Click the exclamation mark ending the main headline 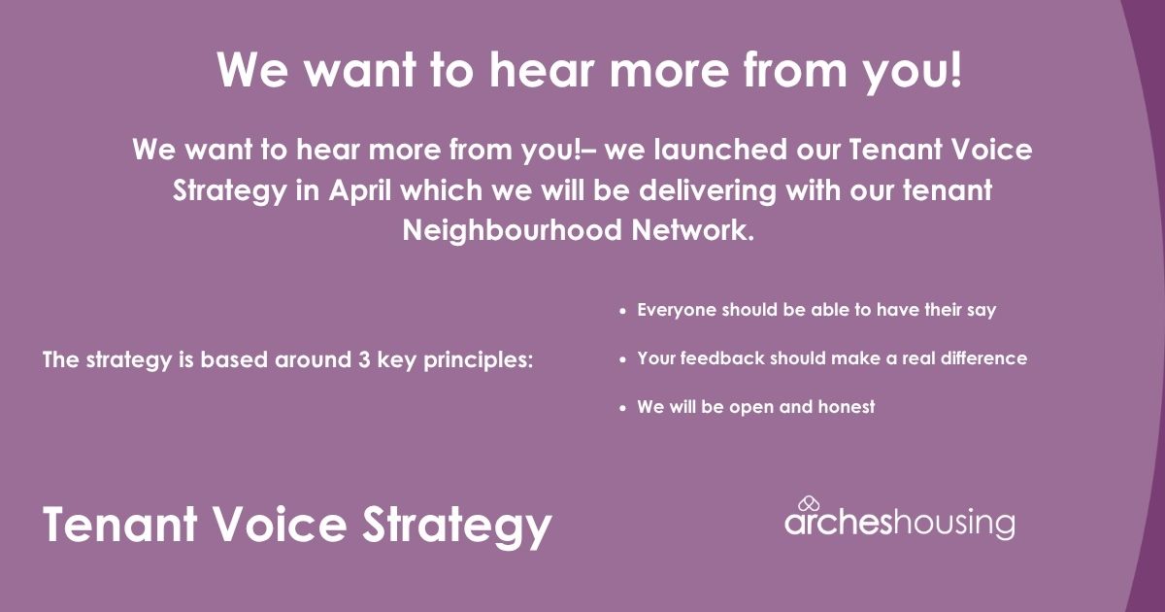(x=955, y=69)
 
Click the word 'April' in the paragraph (x=359, y=190)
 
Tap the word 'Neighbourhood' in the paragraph (x=513, y=230)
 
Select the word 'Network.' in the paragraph (x=693, y=230)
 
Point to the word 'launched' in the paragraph (x=720, y=150)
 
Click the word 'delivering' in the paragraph (x=708, y=190)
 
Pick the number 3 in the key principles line (x=364, y=359)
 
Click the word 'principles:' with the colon (x=478, y=360)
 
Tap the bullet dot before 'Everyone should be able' (x=622, y=312)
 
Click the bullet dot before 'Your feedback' (x=622, y=360)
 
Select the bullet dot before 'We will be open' (x=622, y=409)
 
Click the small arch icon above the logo (x=809, y=504)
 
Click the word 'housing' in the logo (x=953, y=524)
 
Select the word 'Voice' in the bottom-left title (x=281, y=524)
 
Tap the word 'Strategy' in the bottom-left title (x=456, y=527)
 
